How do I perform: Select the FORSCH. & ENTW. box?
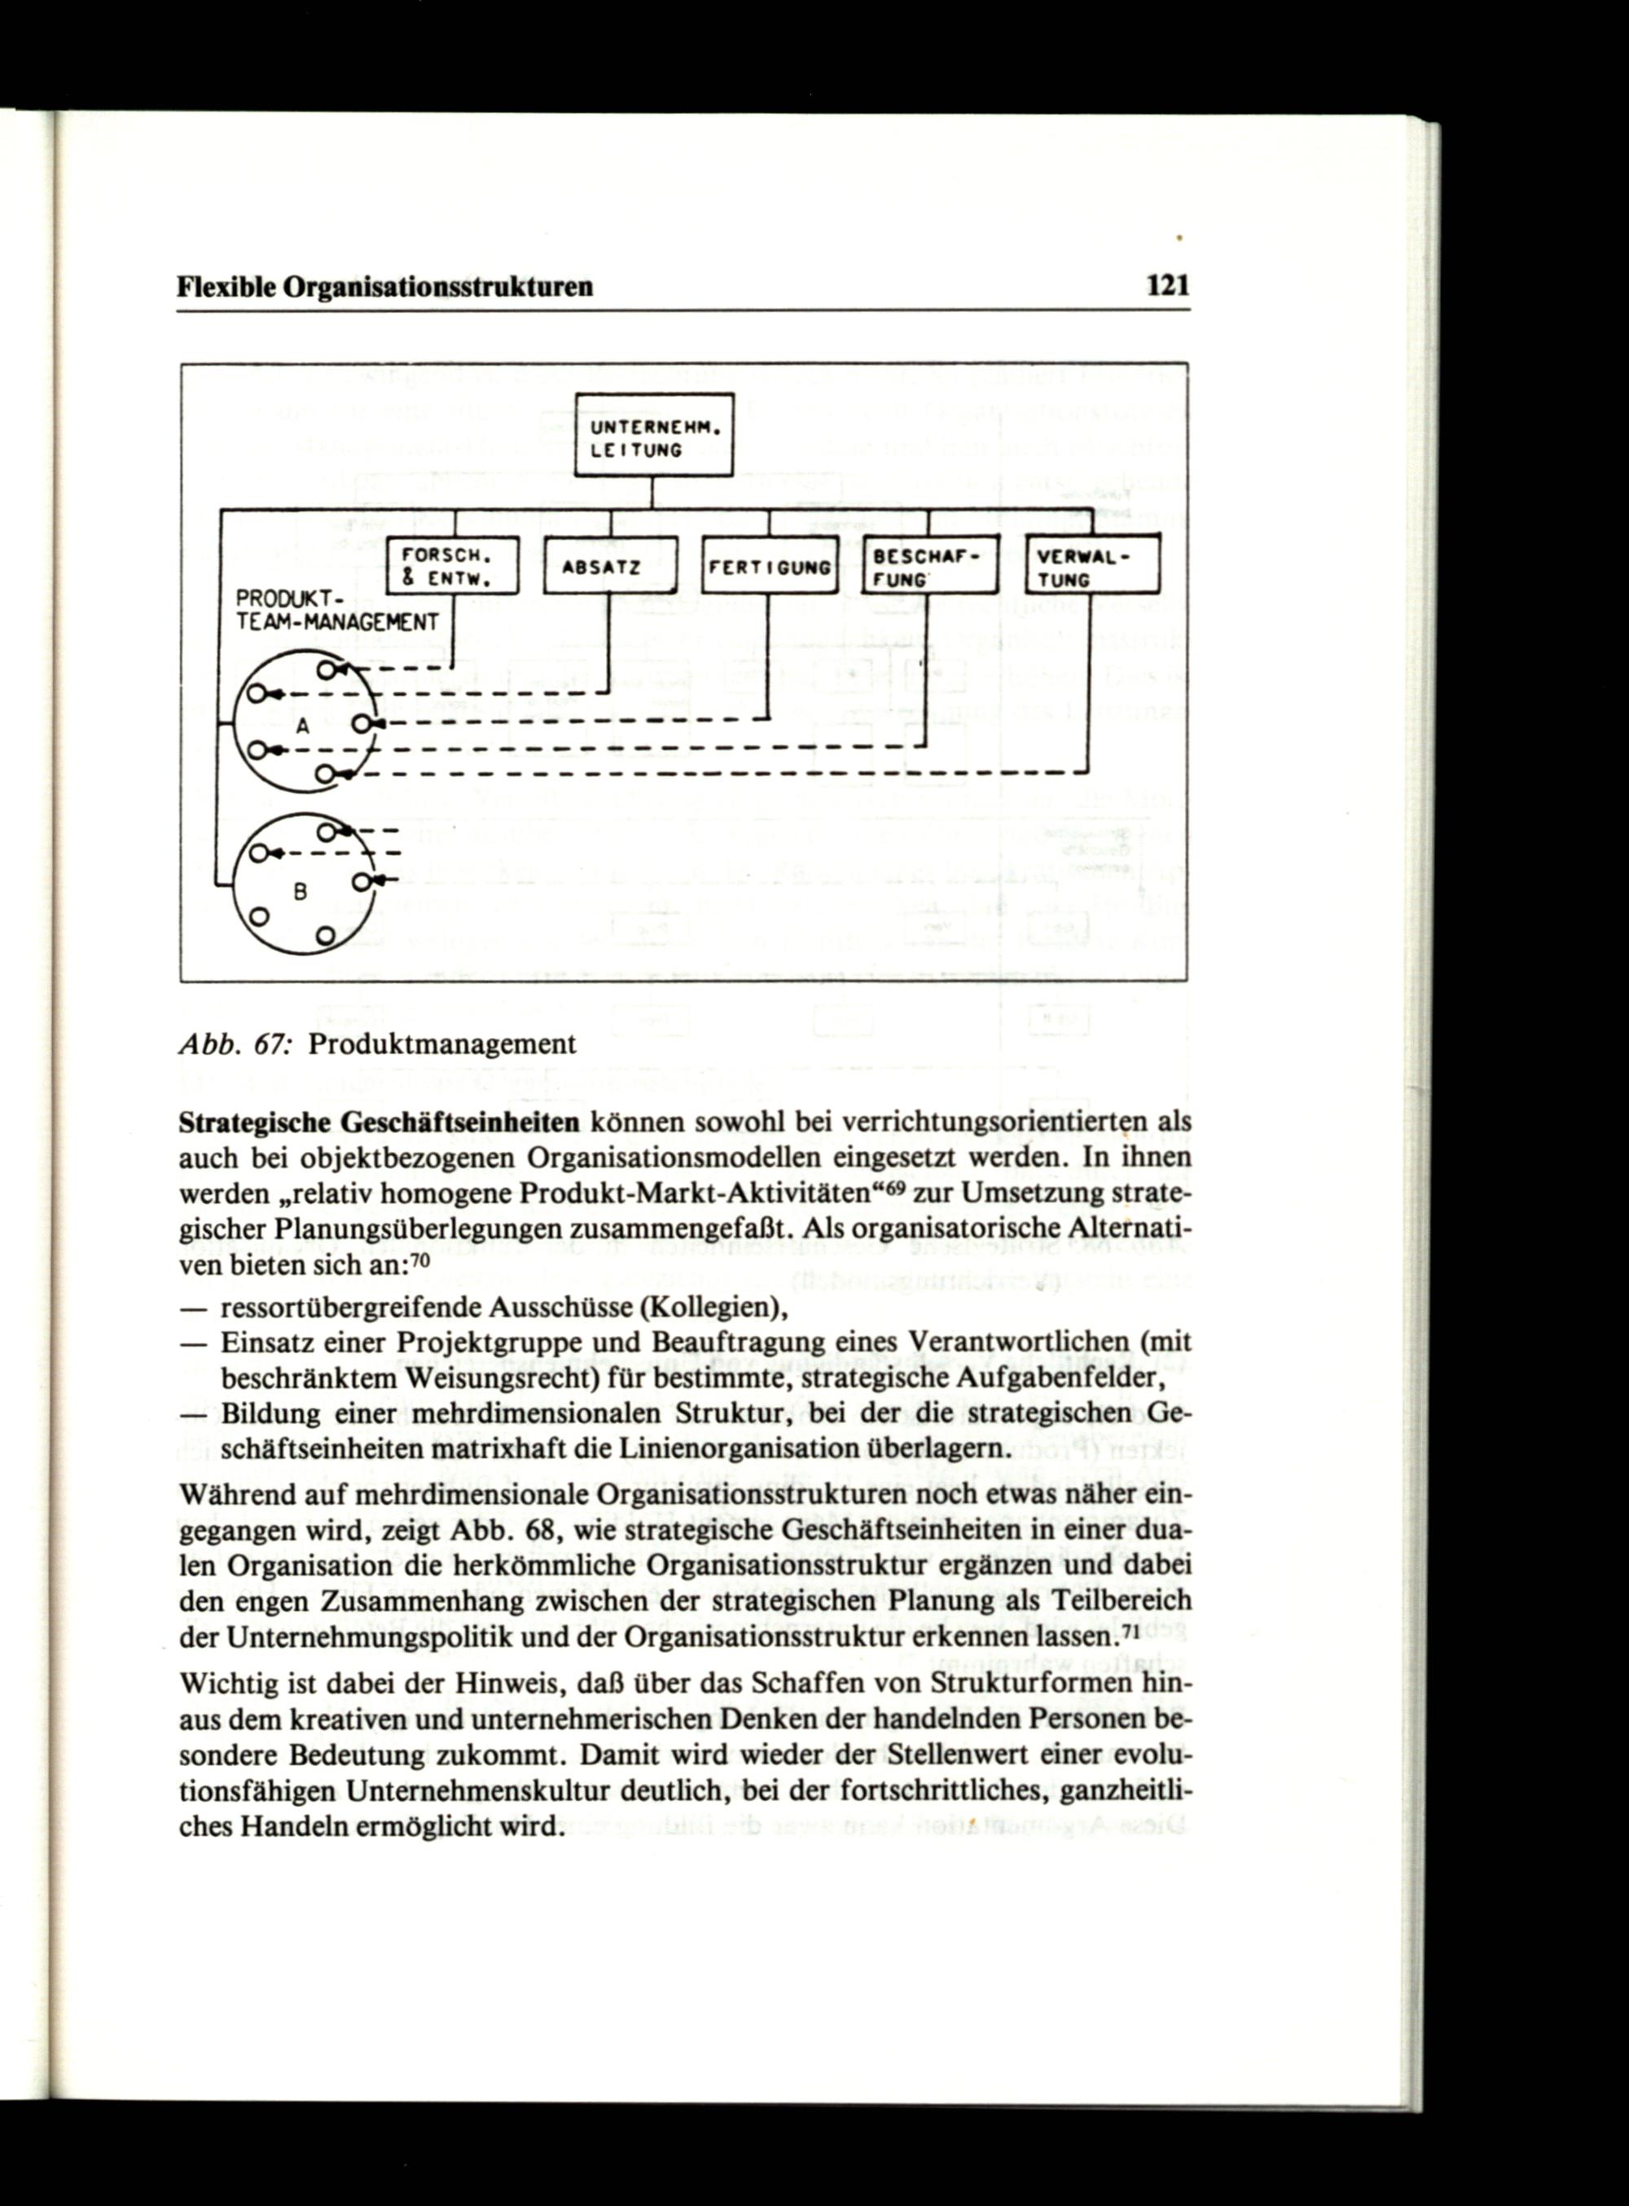click(x=451, y=566)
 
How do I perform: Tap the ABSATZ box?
click(x=610, y=567)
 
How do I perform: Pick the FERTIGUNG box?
click(x=768, y=567)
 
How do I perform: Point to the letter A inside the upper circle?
click(x=304, y=727)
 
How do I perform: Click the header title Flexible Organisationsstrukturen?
click(x=385, y=287)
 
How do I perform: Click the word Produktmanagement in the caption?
click(x=441, y=1044)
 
